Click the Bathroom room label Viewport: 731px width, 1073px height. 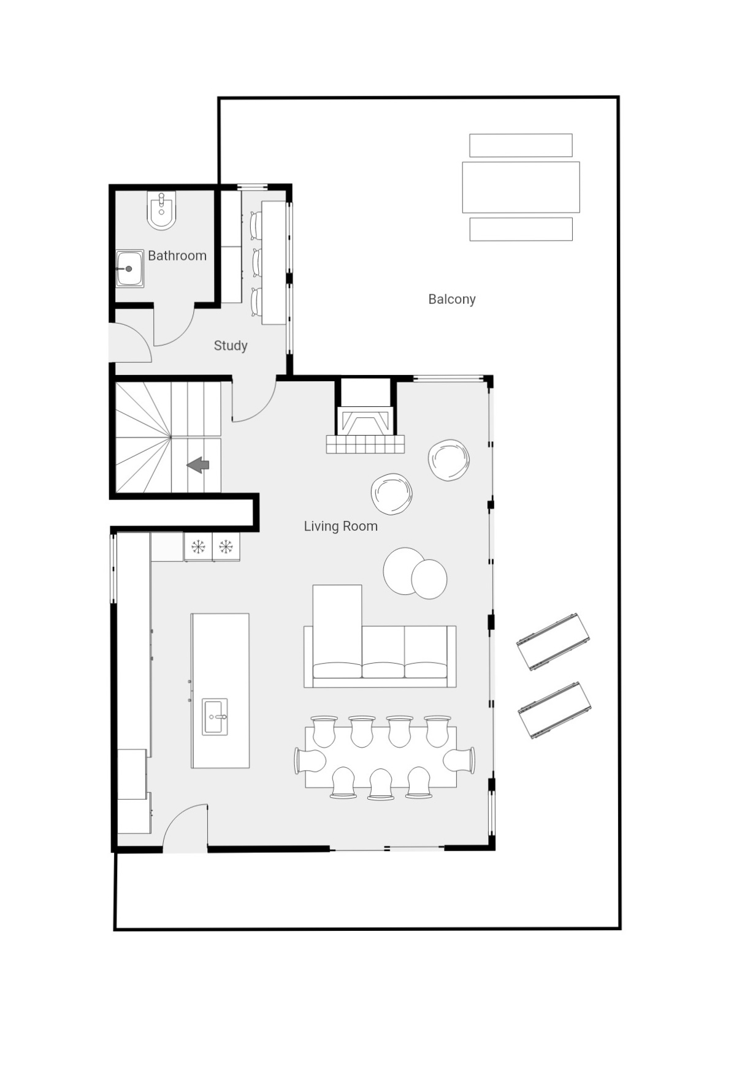coord(177,256)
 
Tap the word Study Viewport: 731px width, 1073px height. coord(231,346)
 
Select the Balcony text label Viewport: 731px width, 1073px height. coord(452,299)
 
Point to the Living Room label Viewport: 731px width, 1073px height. coord(341,526)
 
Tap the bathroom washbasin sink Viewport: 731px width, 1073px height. coord(130,268)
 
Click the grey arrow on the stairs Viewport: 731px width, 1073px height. coord(198,465)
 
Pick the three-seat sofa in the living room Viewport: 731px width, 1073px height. coord(380,656)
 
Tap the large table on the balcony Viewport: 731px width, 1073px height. coord(521,187)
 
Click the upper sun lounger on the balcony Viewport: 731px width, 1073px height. coord(553,642)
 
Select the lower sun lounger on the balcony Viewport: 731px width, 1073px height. coord(554,710)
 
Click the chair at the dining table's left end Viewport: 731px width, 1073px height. coord(310,760)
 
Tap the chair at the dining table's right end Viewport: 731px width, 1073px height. coord(459,760)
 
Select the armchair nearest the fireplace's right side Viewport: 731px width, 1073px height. coord(449,460)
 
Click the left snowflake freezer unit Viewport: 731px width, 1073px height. coord(198,546)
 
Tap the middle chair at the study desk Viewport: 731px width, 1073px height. coord(258,262)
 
